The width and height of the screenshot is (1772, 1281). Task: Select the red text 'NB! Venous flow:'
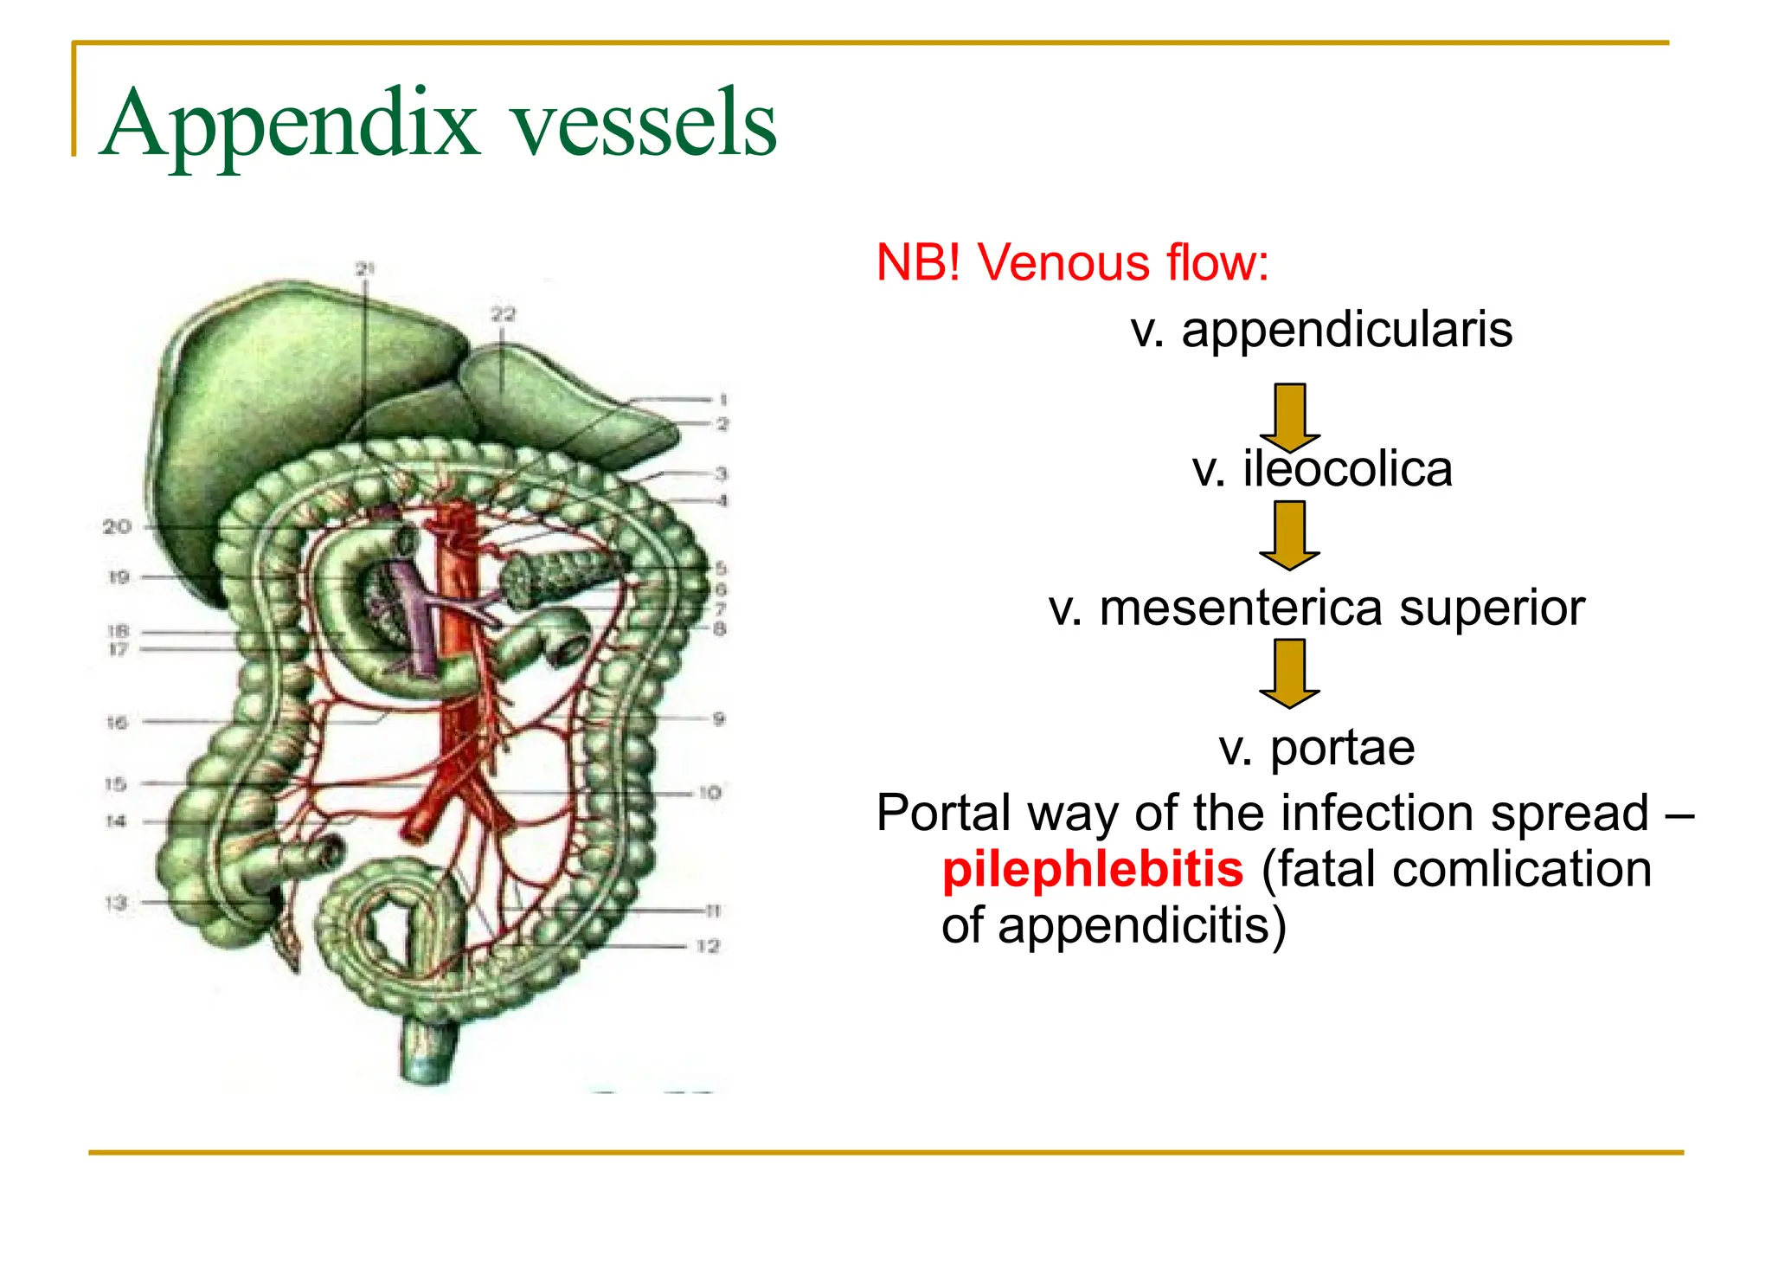(1071, 262)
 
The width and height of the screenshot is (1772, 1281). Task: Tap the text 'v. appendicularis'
(1321, 330)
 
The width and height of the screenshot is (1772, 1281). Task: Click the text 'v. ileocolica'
(1321, 469)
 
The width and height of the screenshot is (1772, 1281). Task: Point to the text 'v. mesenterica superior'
(1316, 608)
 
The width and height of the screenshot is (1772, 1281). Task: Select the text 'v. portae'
(1316, 747)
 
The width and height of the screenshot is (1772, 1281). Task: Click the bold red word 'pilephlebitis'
(1092, 869)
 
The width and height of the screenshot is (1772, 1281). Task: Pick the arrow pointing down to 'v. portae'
(1289, 673)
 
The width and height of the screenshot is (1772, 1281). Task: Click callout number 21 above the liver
(365, 269)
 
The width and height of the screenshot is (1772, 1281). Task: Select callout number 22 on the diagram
(503, 314)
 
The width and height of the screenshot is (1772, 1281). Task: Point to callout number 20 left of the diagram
(117, 526)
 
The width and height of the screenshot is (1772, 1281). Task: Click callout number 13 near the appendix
(116, 903)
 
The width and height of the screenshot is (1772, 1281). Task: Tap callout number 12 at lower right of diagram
(708, 946)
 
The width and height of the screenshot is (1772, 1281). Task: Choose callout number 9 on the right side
(718, 718)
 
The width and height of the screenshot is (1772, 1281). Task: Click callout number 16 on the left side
(117, 722)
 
